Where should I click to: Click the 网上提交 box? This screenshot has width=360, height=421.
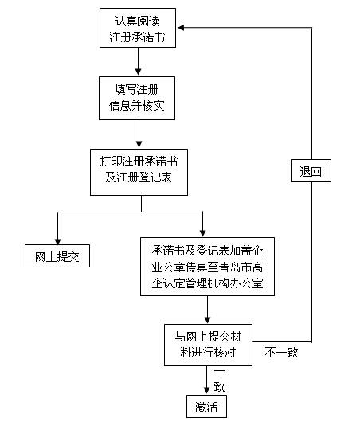tap(56, 256)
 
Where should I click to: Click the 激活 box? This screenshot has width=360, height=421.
tap(206, 406)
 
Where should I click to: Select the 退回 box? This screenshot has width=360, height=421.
tap(310, 171)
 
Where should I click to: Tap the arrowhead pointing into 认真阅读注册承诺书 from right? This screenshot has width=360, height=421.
tap(182, 28)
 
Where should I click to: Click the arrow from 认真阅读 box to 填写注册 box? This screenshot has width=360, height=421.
tap(139, 60)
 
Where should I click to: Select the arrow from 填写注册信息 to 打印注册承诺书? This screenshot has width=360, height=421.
tap(139, 132)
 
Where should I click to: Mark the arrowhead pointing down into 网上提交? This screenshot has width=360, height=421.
tap(57, 239)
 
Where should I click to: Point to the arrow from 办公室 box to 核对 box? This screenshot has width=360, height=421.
tap(207, 309)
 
